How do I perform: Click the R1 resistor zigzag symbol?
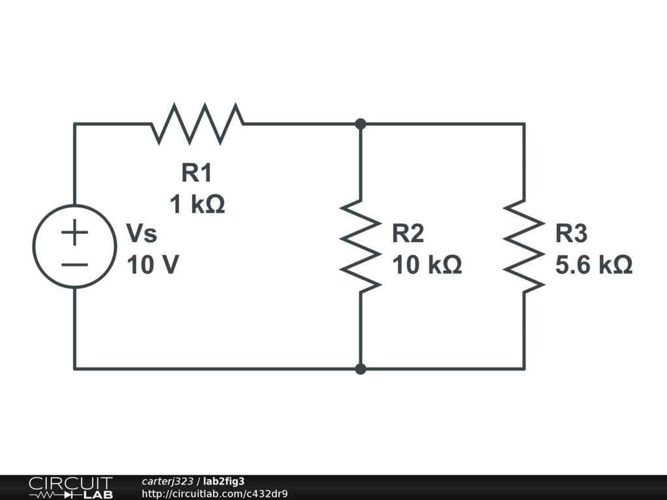[197, 123]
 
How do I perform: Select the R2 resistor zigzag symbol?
[360, 246]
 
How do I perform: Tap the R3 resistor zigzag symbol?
[524, 246]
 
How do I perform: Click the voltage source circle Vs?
[74, 246]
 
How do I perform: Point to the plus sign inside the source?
[74, 232]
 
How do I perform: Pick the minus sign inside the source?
[74, 264]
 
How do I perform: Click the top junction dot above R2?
[360, 124]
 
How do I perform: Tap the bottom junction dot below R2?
[360, 369]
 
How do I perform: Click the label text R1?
[197, 173]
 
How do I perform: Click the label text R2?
[408, 233]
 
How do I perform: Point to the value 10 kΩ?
[427, 265]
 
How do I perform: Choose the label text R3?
[571, 233]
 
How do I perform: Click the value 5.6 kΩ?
[593, 265]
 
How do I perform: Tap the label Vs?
[141, 233]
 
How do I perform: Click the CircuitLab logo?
[70, 487]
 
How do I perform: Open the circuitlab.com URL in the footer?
[214, 493]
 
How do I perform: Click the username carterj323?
[167, 481]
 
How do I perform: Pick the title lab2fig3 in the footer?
[224, 481]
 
